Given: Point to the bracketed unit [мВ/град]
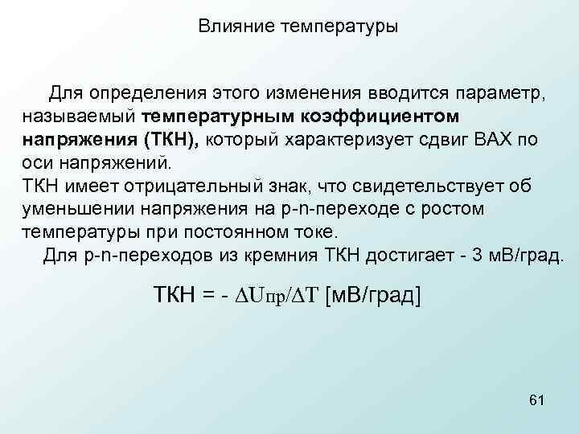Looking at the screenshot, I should tap(372, 297).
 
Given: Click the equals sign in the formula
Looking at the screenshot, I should tap(208, 297).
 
